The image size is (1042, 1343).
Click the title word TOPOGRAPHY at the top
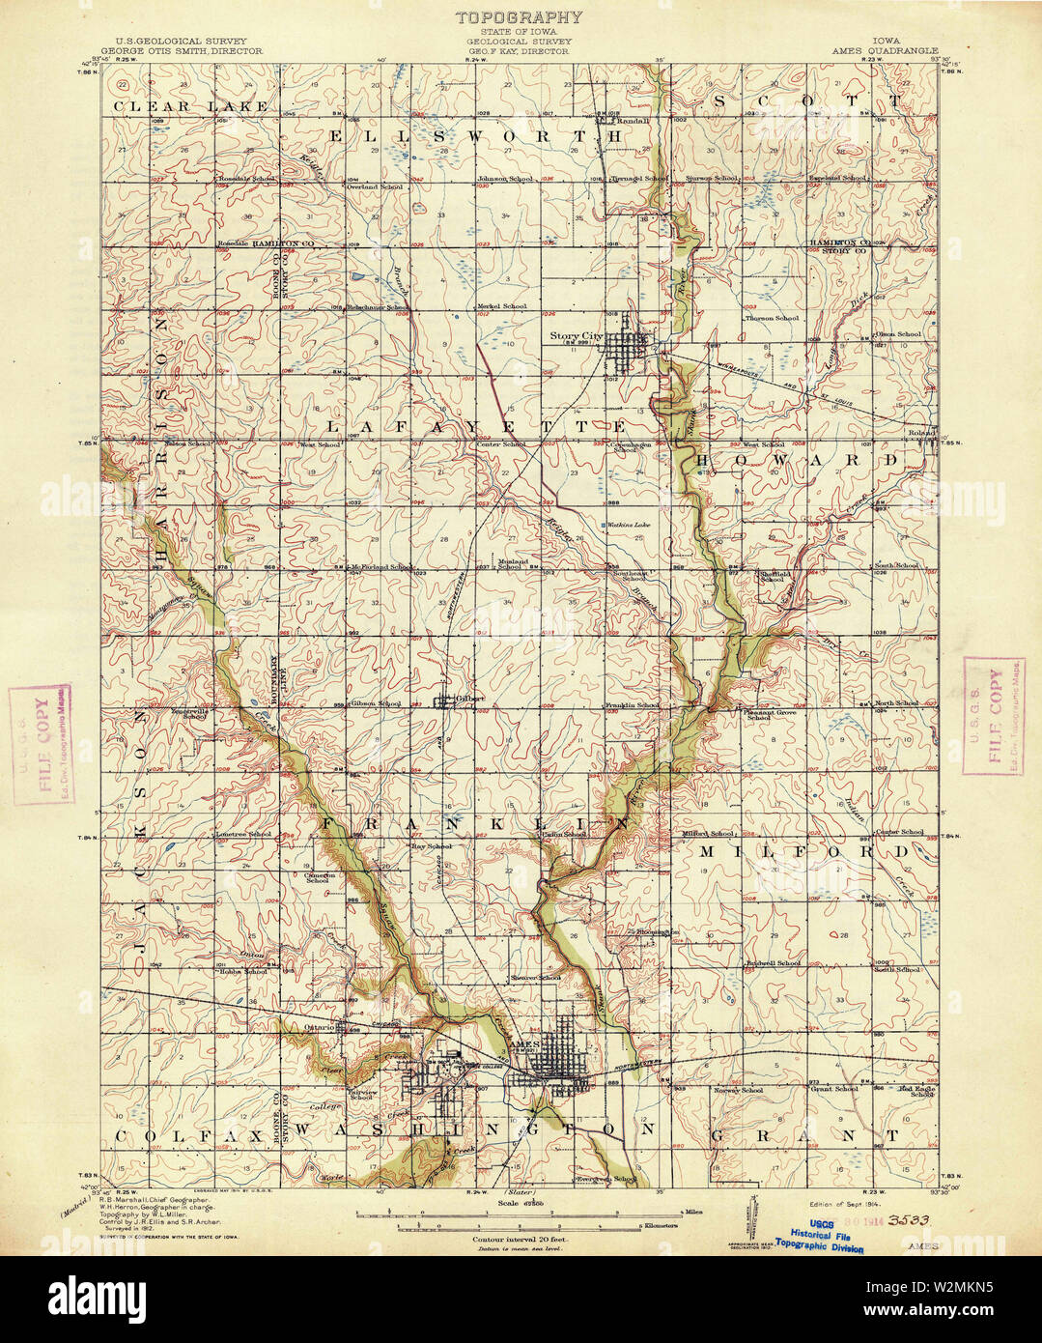click(x=519, y=16)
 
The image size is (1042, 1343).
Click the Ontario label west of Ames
click(x=319, y=1027)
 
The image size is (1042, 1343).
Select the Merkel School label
click(x=502, y=307)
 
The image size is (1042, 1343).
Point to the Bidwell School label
click(x=774, y=964)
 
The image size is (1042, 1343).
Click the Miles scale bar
click(x=521, y=1210)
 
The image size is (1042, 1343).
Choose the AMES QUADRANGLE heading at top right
click(x=879, y=51)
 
